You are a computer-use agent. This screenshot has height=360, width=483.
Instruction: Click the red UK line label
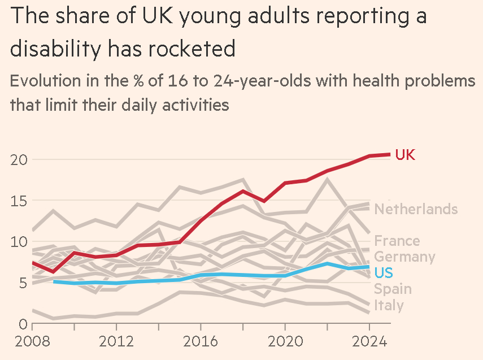point(405,155)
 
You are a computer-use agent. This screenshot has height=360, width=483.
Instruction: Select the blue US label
point(384,273)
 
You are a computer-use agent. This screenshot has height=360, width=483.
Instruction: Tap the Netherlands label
point(416,209)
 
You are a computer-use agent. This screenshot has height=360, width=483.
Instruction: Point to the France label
point(397,241)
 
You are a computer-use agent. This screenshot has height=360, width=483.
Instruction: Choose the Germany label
point(404,257)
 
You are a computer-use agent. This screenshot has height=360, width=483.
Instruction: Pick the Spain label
point(393,289)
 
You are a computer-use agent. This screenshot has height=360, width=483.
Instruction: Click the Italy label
point(389,306)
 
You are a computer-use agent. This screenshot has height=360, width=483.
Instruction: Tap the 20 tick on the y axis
point(19,159)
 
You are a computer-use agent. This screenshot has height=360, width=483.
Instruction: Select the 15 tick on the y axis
point(19,201)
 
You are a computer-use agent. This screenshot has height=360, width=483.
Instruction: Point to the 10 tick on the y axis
point(19,242)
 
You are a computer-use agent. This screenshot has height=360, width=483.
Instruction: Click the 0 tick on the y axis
point(23,324)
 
